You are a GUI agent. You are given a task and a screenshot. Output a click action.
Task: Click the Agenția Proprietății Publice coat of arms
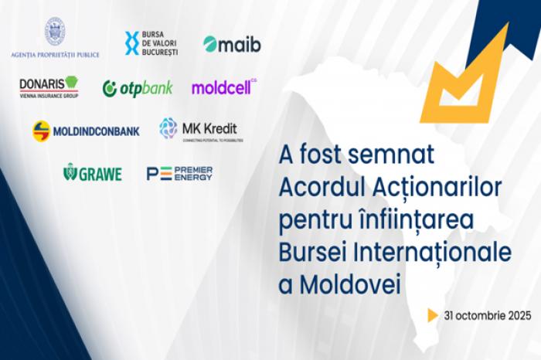tap(54, 30)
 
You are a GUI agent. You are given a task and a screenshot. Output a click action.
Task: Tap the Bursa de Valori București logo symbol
tap(132, 43)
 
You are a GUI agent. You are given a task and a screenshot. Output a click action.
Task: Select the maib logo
tap(232, 44)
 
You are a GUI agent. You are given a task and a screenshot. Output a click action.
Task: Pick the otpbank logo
tap(138, 88)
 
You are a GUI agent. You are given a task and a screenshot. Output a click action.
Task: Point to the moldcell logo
tap(223, 87)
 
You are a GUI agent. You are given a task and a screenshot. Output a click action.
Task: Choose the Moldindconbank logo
tap(86, 131)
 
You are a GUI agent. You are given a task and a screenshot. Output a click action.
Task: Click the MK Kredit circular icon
tap(168, 127)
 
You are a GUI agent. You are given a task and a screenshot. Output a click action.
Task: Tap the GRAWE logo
tap(92, 174)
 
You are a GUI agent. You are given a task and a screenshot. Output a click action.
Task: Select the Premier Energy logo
tap(179, 173)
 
